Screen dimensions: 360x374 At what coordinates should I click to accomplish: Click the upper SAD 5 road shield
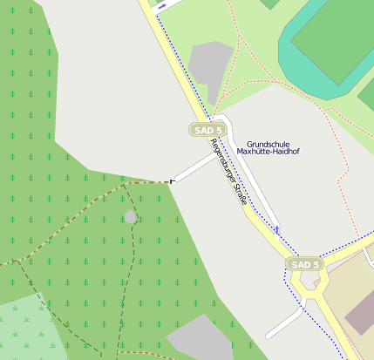(207, 130)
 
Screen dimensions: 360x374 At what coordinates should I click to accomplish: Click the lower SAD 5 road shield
(305, 264)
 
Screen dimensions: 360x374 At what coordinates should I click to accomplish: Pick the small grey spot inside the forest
(131, 216)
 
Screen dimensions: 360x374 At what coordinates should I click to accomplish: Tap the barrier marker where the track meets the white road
(172, 181)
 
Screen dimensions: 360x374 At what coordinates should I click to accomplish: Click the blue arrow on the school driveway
(277, 229)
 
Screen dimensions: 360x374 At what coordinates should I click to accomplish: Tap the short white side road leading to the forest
(192, 169)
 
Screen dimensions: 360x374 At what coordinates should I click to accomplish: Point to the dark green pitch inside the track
(336, 39)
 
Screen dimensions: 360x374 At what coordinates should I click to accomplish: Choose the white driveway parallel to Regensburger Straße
(253, 174)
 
